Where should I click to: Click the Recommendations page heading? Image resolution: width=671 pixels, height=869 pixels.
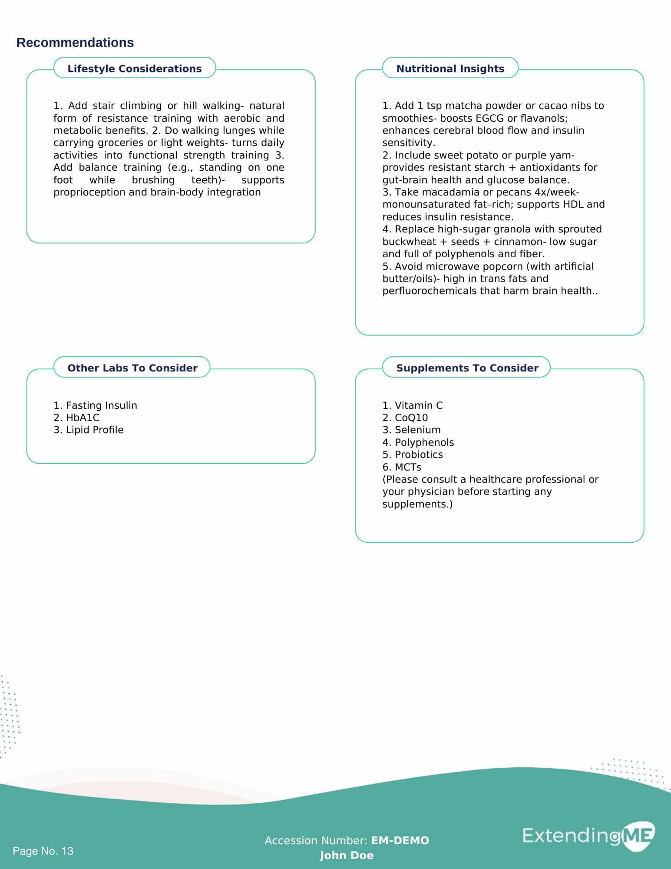[x=75, y=43]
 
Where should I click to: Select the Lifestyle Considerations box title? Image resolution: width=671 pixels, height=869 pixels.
[x=135, y=69]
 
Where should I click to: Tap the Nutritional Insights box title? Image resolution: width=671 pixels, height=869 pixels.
[x=450, y=69]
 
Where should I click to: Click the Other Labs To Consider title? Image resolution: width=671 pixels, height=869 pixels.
[x=132, y=368]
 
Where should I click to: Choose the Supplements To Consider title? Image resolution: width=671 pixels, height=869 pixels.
[x=467, y=368]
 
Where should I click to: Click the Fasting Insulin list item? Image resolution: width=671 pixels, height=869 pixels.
[x=96, y=405]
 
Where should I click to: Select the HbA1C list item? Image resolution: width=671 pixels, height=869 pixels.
[x=77, y=418]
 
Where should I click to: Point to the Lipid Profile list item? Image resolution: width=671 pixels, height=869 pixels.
[x=89, y=430]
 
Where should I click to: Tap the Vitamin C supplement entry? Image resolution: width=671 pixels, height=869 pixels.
[x=413, y=405]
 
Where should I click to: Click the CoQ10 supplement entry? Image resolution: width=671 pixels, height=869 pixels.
[x=405, y=418]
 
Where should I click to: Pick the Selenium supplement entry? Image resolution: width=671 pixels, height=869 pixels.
[x=412, y=430]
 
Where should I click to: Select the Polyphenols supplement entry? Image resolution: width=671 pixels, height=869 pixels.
[x=418, y=442]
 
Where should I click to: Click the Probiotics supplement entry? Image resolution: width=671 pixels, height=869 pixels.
[x=413, y=454]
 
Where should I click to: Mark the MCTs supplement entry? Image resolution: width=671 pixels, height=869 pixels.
[x=402, y=467]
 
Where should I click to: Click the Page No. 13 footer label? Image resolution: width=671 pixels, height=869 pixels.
[x=43, y=851]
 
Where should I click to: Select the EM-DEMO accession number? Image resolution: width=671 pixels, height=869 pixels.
[x=400, y=841]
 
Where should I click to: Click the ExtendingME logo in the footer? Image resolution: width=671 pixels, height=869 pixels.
[x=588, y=836]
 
